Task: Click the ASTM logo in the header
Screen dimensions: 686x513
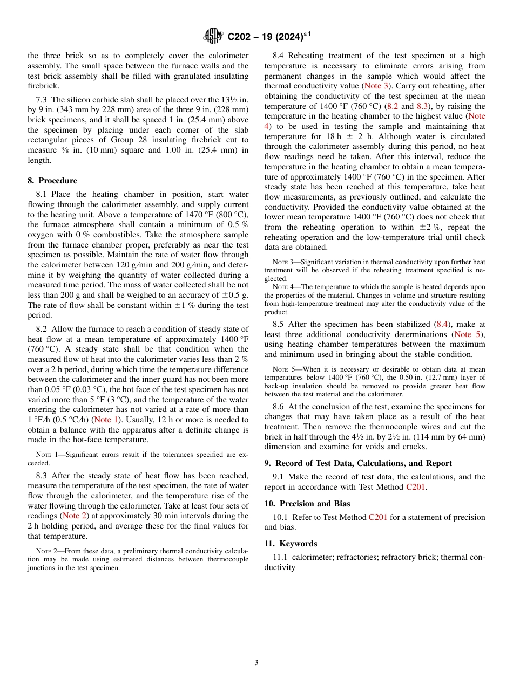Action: (213, 37)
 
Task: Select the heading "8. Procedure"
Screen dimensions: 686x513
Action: (52, 181)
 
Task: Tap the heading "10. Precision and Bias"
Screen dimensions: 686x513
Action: (307, 504)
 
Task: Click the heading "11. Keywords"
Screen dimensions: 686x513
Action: (291, 544)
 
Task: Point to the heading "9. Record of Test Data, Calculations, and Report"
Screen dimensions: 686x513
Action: (358, 463)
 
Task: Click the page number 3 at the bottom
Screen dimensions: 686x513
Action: (256, 662)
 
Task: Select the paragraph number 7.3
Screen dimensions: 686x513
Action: (42, 100)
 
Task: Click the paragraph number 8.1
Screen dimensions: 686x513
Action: (42, 194)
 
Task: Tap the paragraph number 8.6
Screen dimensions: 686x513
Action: (279, 407)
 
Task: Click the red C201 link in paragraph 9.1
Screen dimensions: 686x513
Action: (415, 487)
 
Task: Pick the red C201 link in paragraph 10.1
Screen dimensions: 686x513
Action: (378, 517)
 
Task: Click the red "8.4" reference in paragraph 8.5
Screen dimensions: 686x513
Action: (441, 324)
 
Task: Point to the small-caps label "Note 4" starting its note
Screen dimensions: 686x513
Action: (282, 287)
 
